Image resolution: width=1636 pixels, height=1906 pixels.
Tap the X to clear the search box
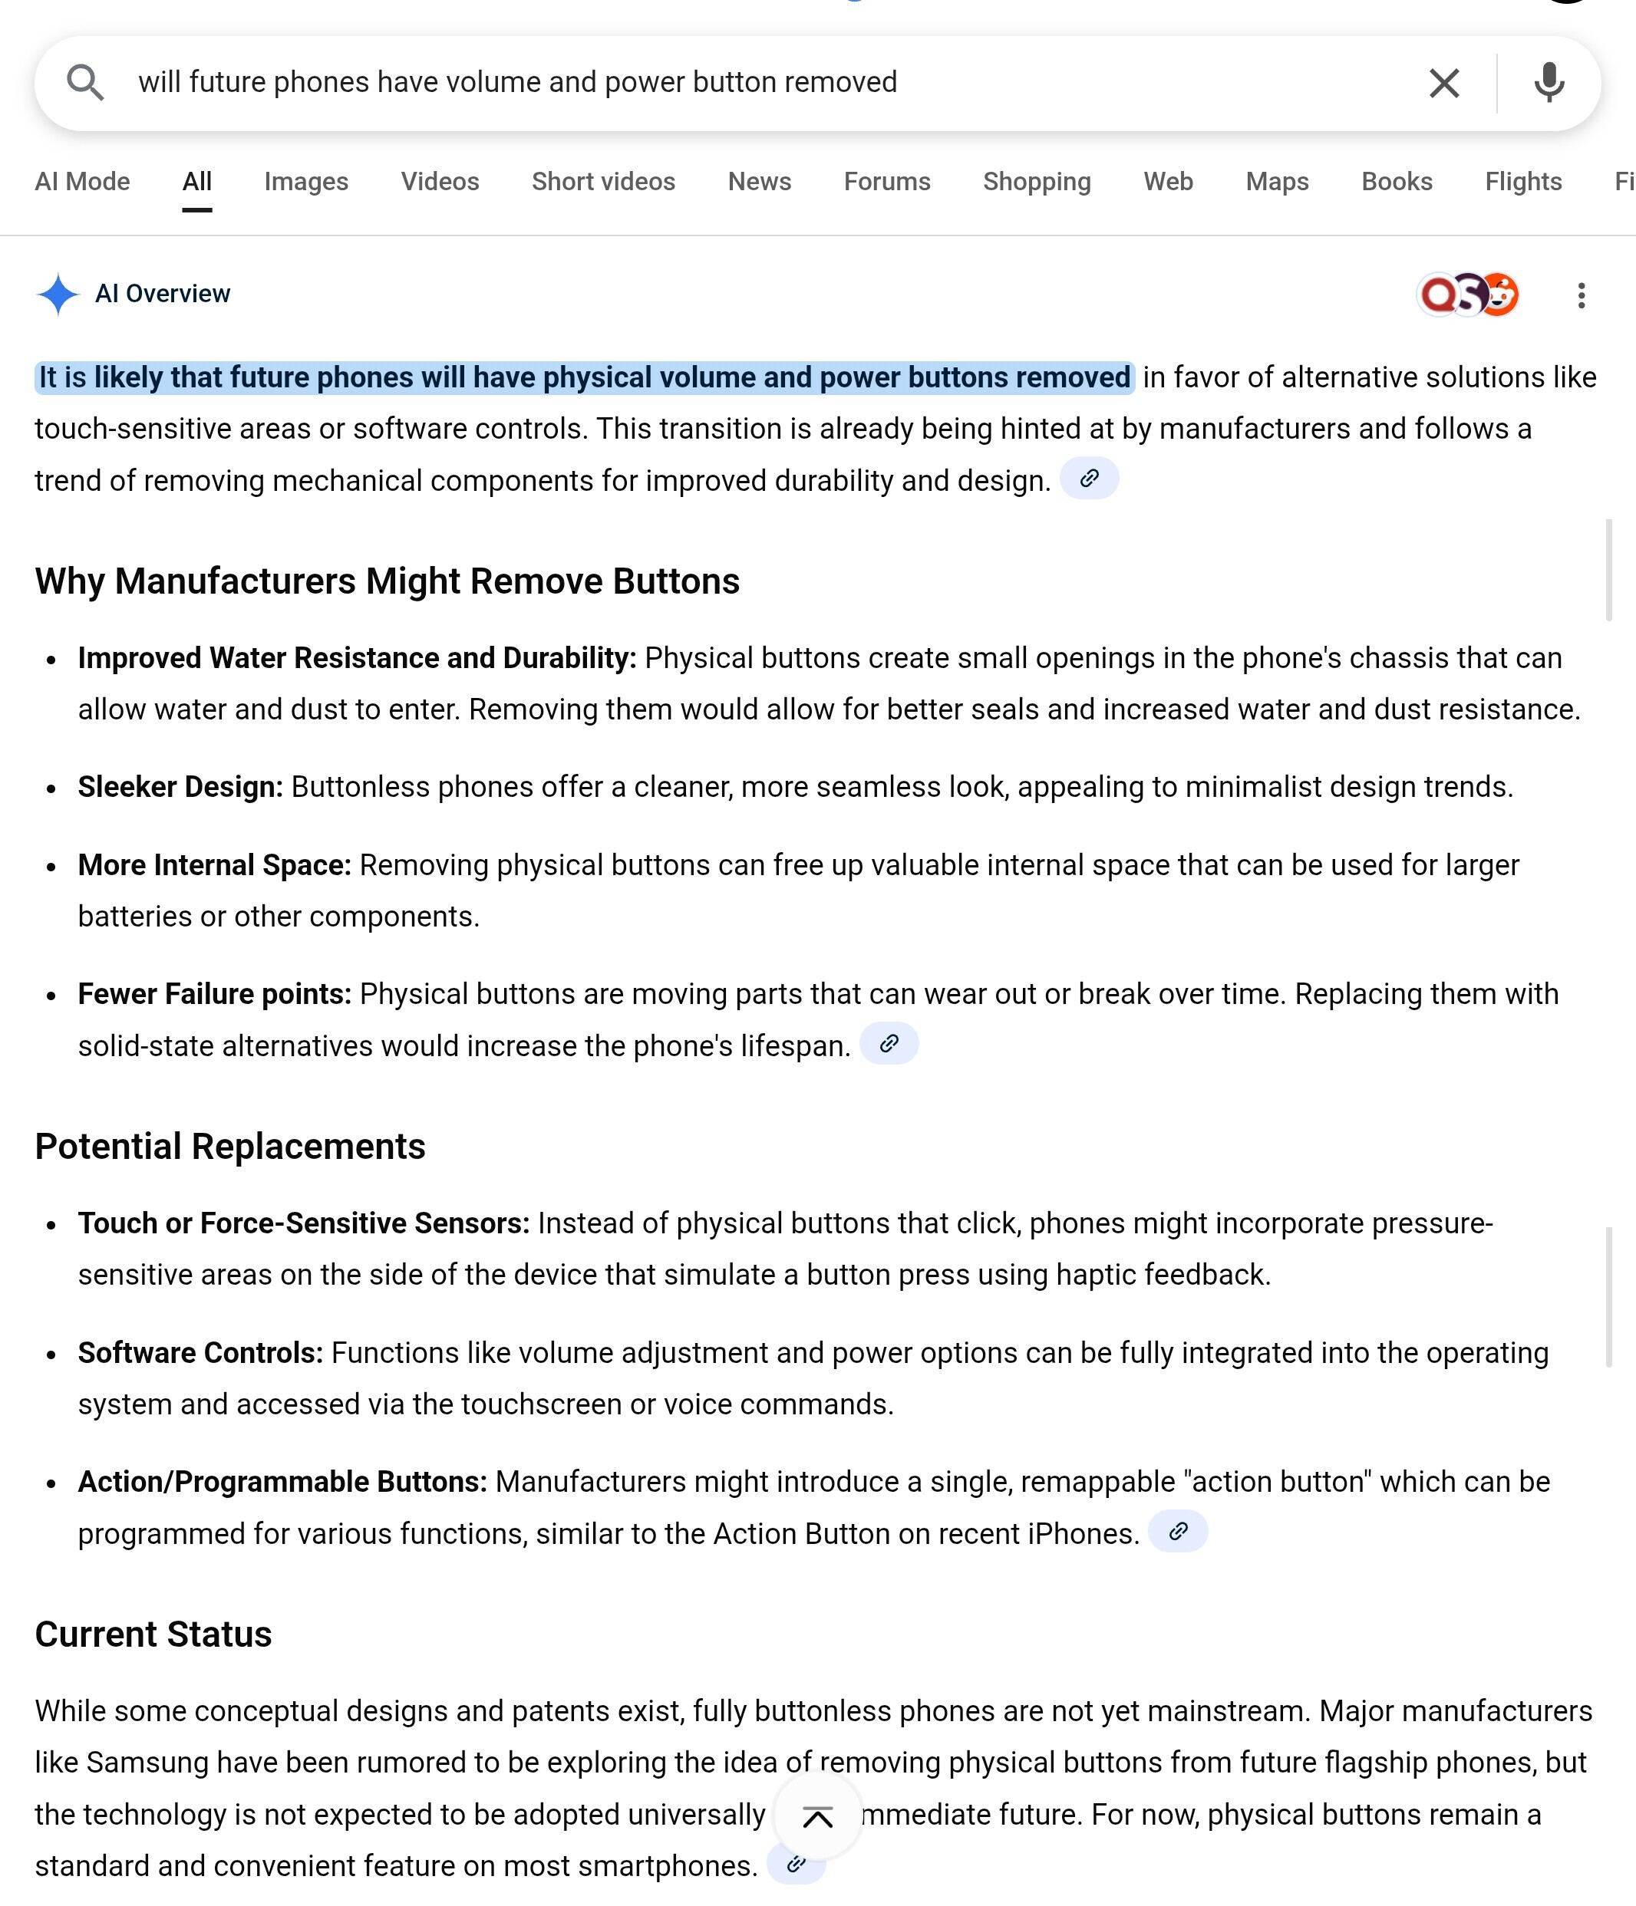1443,84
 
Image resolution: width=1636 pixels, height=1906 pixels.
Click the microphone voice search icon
1549,83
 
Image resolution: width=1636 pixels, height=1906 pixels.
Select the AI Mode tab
83,182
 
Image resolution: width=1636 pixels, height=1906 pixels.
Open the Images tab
305,182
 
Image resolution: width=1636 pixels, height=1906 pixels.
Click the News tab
759,182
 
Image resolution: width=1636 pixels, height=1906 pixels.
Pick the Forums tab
887,182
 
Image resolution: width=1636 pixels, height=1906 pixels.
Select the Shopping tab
1036,182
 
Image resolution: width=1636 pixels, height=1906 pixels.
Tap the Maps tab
1276,182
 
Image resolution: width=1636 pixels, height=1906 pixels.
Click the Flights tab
1523,182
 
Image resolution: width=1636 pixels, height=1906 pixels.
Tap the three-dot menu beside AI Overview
1581,295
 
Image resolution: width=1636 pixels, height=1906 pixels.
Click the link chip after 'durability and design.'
1090,479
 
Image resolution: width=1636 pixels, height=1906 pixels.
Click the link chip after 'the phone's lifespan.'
889,1044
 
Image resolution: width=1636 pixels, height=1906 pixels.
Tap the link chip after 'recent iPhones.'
1178,1532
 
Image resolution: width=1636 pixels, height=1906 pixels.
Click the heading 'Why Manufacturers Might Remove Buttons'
388,581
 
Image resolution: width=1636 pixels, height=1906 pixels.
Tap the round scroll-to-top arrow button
817,1817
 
